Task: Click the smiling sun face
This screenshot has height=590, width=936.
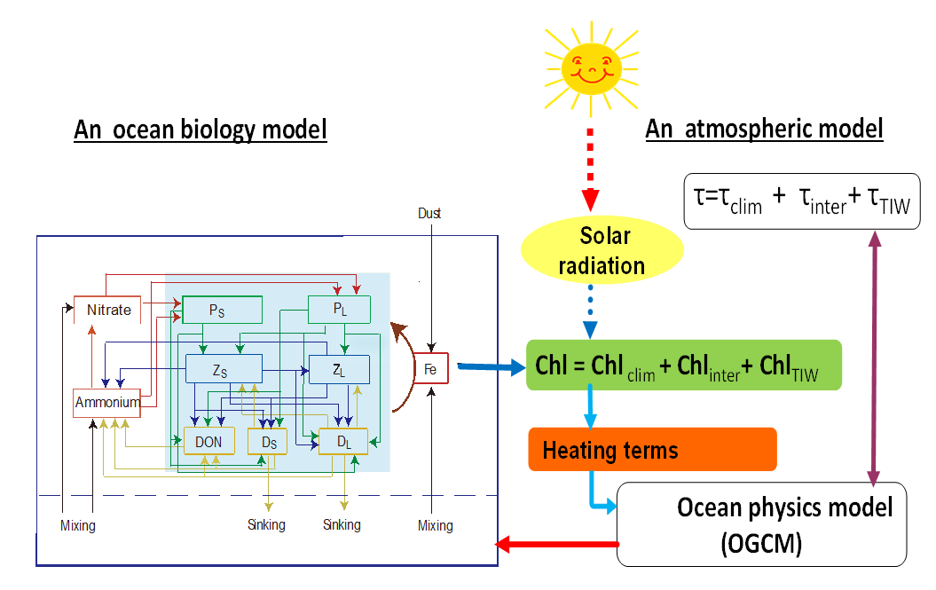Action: click(x=589, y=67)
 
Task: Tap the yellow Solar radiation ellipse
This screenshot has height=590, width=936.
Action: click(x=604, y=250)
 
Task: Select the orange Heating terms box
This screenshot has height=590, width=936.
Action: click(x=652, y=449)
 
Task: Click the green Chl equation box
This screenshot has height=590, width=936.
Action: click(x=683, y=366)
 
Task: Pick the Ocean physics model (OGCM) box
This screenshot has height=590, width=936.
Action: click(x=761, y=523)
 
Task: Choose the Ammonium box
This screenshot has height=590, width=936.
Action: click(x=107, y=402)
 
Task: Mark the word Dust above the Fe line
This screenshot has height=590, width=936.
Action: click(x=429, y=213)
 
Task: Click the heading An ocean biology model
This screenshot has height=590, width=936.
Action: click(x=201, y=130)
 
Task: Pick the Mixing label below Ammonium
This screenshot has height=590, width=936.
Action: click(x=77, y=526)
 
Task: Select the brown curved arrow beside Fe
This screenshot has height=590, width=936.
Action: click(x=404, y=368)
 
